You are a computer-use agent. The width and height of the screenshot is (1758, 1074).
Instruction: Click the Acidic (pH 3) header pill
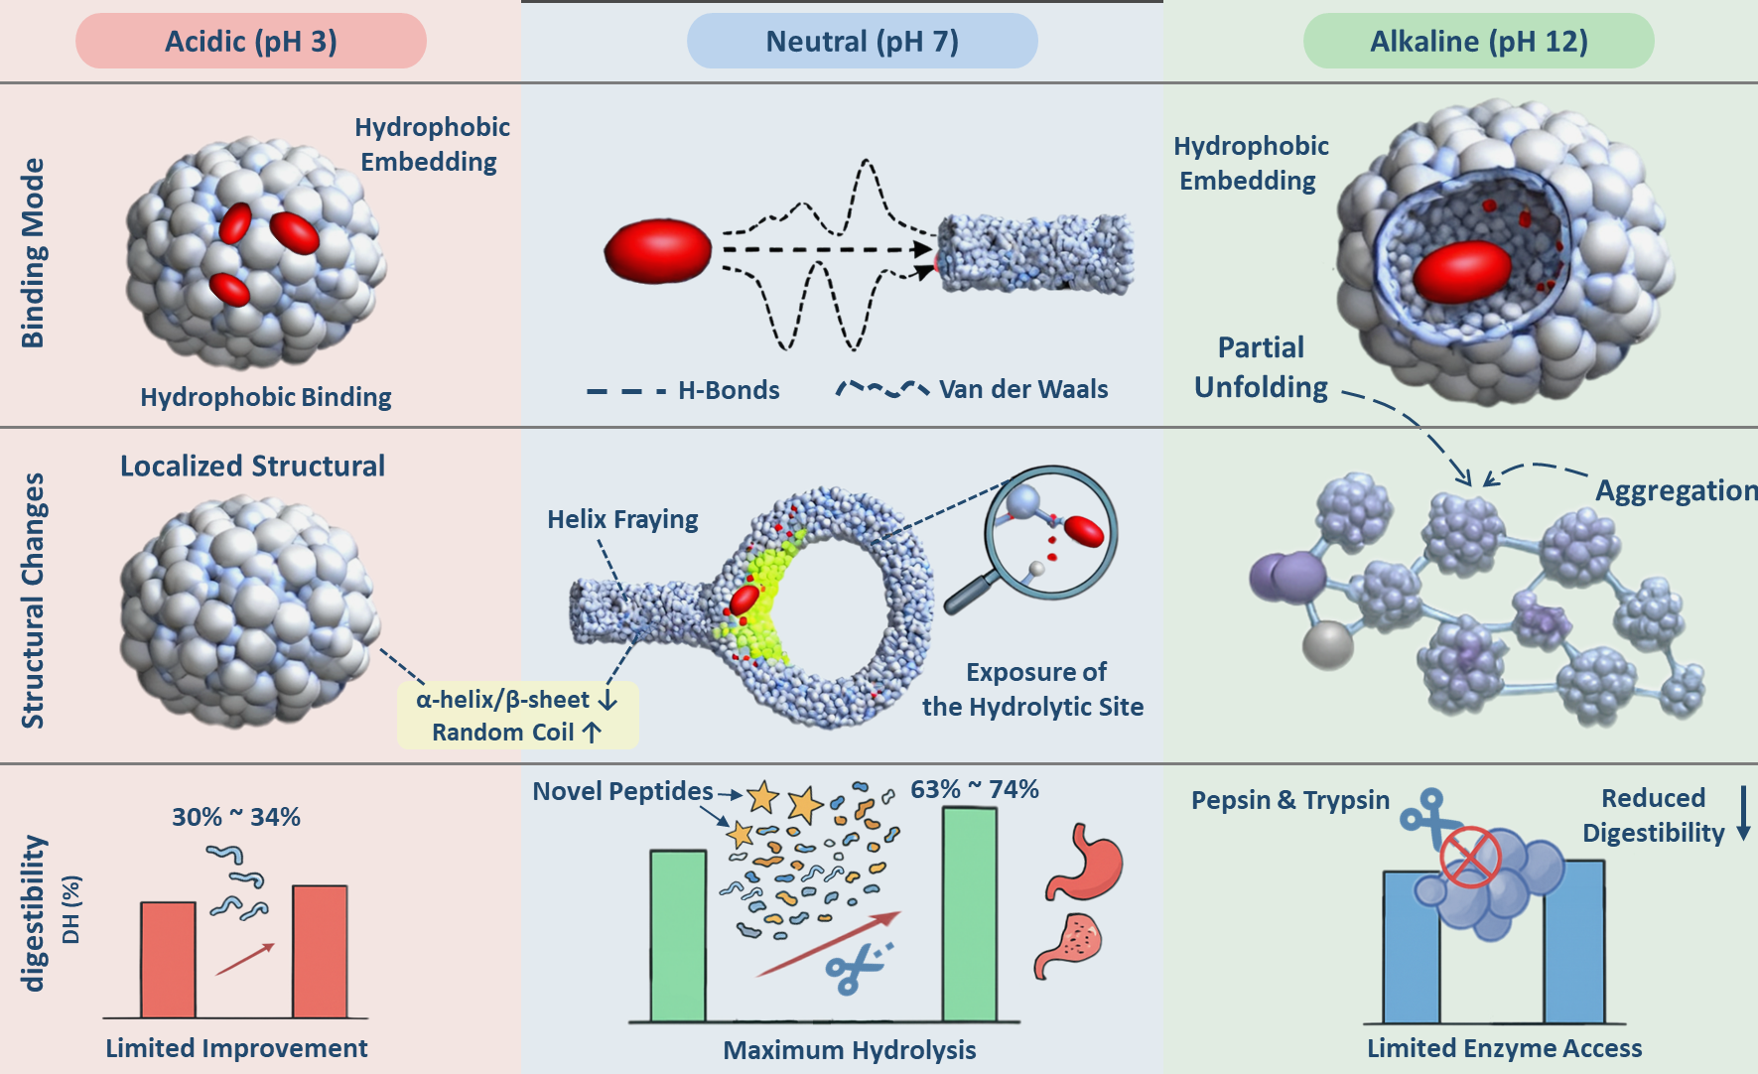pos(251,42)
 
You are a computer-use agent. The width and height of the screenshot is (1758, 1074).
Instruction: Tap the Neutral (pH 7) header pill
pos(862,42)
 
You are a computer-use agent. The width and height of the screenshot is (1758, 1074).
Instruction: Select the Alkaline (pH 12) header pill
pos(1478,42)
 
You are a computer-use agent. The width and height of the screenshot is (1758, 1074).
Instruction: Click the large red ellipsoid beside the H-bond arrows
pos(658,251)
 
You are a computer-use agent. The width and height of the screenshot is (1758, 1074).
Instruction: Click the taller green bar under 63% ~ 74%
pos(969,913)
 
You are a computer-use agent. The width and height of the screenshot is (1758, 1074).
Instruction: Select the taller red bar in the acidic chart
pos(320,951)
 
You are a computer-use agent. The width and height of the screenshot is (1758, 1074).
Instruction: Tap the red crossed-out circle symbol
pos(1469,858)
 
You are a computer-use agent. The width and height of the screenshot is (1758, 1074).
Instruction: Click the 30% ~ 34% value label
pos(236,817)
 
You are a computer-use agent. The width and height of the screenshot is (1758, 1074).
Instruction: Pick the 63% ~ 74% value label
pos(975,789)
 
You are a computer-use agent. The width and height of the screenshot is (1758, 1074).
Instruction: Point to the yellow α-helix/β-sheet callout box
pos(517,715)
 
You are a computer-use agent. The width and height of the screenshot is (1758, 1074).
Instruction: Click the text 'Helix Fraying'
pos(622,519)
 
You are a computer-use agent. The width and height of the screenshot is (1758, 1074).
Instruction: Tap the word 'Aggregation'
pos(1676,490)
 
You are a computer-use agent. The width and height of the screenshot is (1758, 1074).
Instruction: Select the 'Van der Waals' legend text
pos(1023,389)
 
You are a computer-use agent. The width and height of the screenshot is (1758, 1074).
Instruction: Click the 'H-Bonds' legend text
pos(729,390)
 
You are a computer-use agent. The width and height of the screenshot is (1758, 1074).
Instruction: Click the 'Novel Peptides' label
pos(622,791)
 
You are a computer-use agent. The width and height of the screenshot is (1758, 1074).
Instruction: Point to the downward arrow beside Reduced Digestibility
pos(1743,813)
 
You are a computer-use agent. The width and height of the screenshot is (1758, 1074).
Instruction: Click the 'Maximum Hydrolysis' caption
pos(850,1050)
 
